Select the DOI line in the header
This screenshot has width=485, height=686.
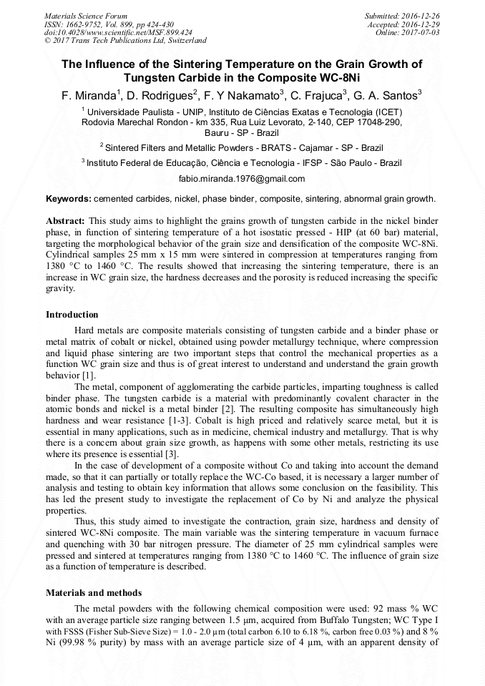tap(117, 32)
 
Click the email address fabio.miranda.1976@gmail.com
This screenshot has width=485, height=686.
tap(242, 179)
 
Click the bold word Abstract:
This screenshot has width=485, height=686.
tap(66, 221)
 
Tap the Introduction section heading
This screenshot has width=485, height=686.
tap(72, 315)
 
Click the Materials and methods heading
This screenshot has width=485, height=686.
tap(93, 592)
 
